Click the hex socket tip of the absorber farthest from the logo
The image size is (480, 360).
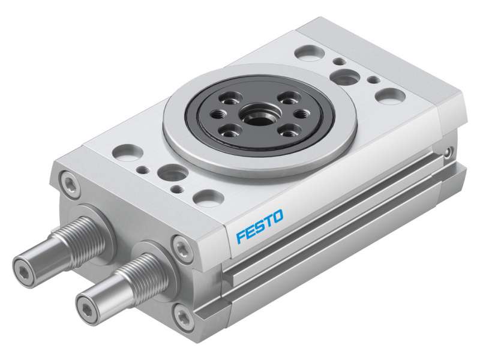(x=25, y=265)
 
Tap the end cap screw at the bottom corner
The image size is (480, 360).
(x=182, y=313)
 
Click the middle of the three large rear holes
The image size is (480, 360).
(x=346, y=76)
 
